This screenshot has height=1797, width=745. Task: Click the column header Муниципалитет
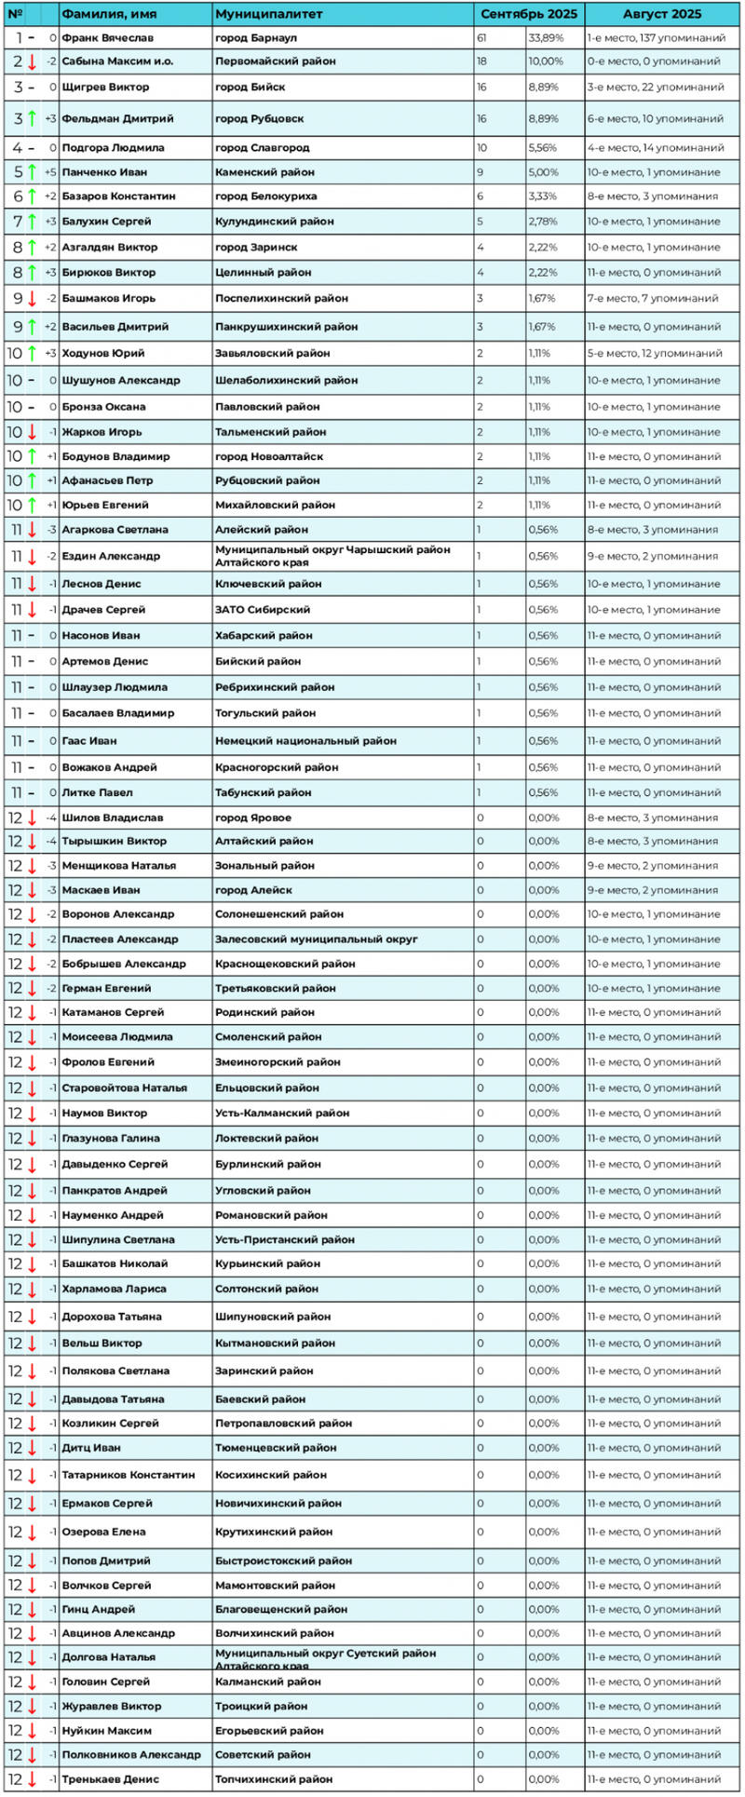pyautogui.click(x=268, y=14)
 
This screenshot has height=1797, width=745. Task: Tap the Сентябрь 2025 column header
pyautogui.click(x=528, y=14)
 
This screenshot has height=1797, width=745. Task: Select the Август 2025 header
pyautogui.click(x=662, y=14)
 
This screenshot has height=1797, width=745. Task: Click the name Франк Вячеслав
pyautogui.click(x=107, y=38)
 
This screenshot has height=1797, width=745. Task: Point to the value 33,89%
pyautogui.click(x=545, y=38)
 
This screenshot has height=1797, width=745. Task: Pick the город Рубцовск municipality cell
pyautogui.click(x=259, y=119)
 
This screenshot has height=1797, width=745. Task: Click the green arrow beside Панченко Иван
pyautogui.click(x=32, y=172)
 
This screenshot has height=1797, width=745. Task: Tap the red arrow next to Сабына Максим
pyautogui.click(x=32, y=61)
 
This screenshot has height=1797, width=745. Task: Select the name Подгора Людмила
pyautogui.click(x=113, y=148)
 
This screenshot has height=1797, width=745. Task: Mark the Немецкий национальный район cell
pyautogui.click(x=305, y=741)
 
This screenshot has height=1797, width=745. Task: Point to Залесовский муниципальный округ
pyautogui.click(x=316, y=939)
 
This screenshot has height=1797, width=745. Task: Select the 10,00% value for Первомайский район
pyautogui.click(x=545, y=61)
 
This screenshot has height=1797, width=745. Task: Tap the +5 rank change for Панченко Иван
pyautogui.click(x=50, y=172)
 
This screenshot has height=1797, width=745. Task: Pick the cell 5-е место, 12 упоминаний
pyautogui.click(x=656, y=354)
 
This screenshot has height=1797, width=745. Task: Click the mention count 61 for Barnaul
pyautogui.click(x=481, y=38)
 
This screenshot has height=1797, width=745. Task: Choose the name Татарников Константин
pyautogui.click(x=129, y=1475)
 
